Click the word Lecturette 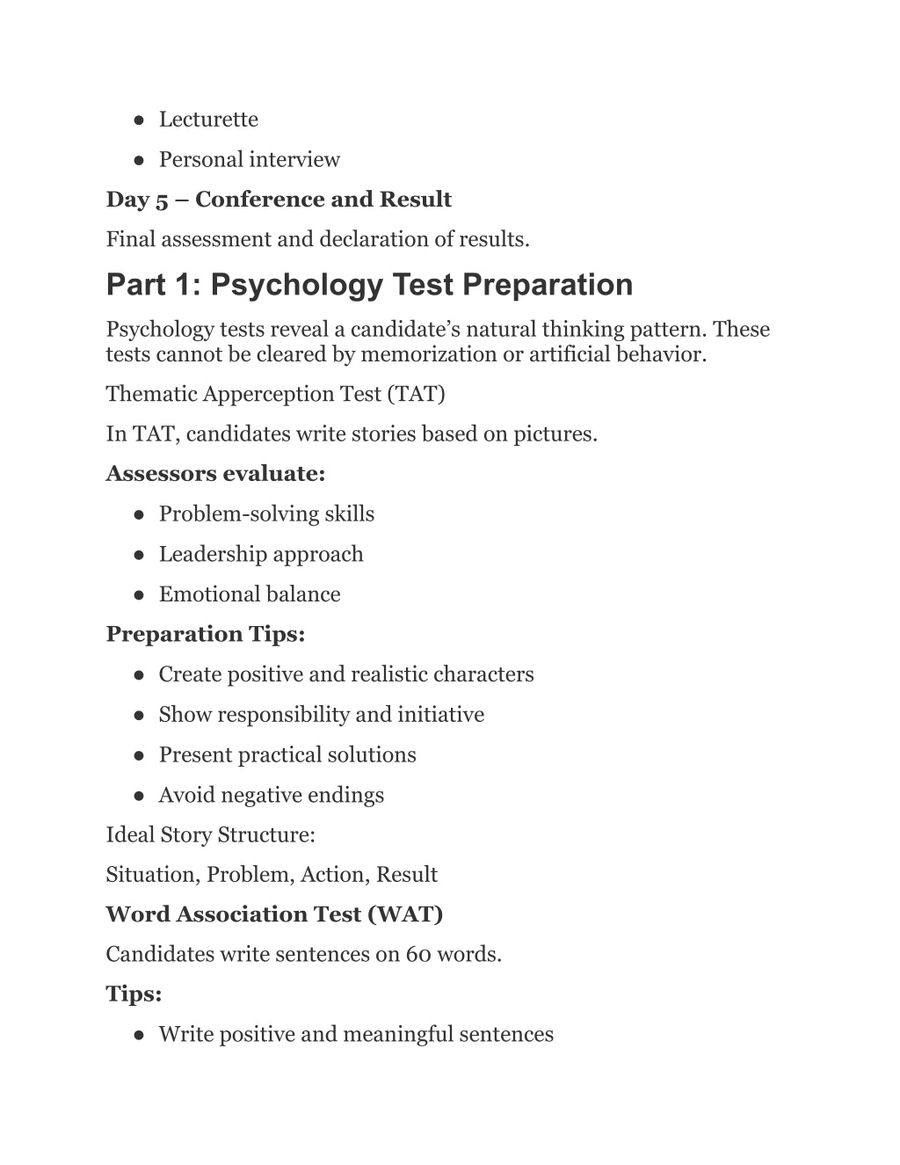pyautogui.click(x=208, y=120)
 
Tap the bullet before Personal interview pyautogui.click(x=140, y=160)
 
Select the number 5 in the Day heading pyautogui.click(x=162, y=200)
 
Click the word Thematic pyautogui.click(x=151, y=394)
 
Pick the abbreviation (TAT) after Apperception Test pyautogui.click(x=416, y=394)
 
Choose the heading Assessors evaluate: pyautogui.click(x=215, y=474)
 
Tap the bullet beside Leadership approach pyautogui.click(x=140, y=555)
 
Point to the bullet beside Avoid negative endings pyautogui.click(x=140, y=796)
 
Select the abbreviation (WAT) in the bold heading pyautogui.click(x=405, y=914)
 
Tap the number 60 pyautogui.click(x=417, y=955)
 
